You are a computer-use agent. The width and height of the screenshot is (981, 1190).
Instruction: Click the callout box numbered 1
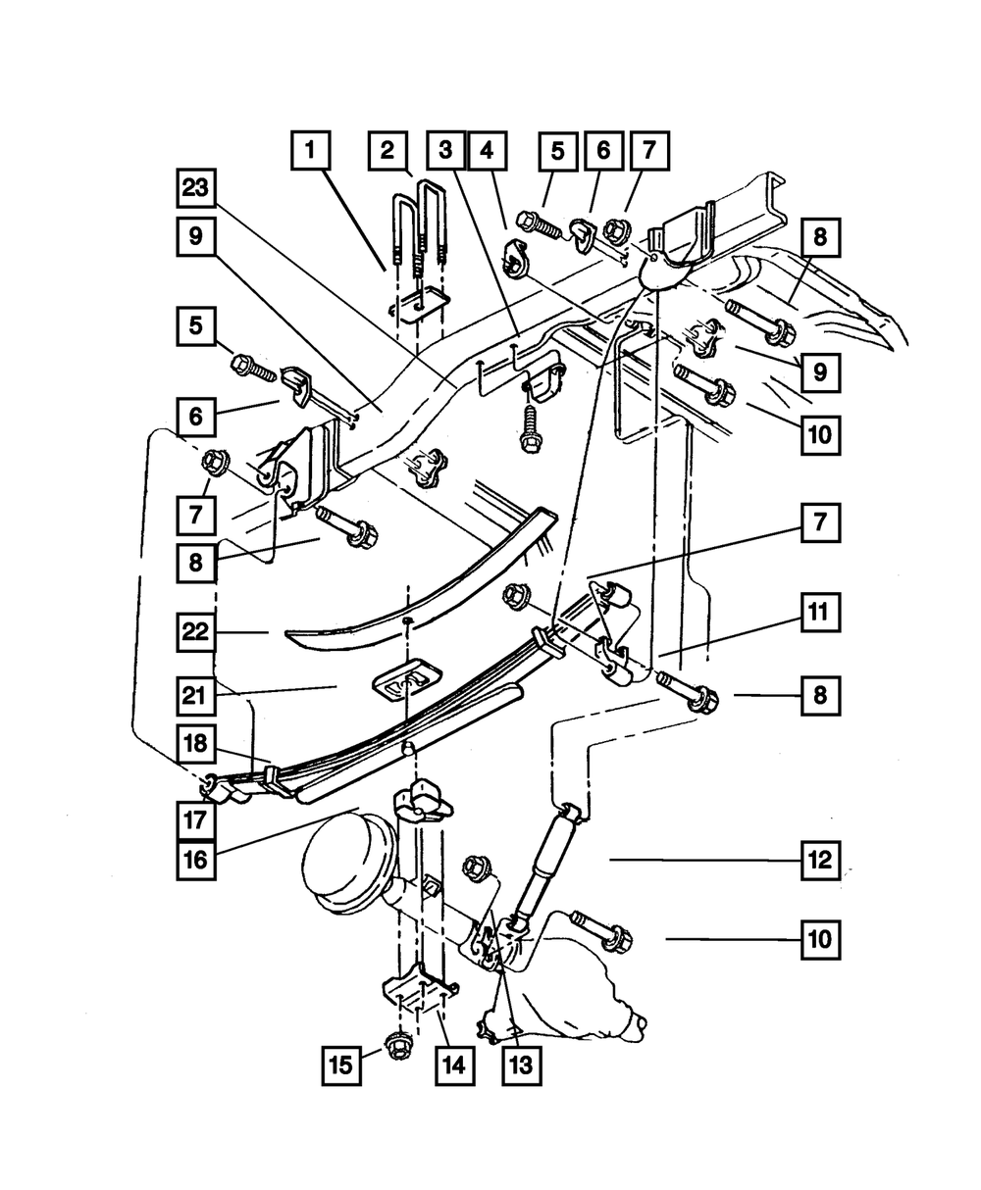[x=309, y=151]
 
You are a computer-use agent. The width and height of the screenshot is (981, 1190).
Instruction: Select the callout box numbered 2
[x=387, y=151]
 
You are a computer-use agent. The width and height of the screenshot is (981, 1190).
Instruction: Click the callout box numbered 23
[x=196, y=186]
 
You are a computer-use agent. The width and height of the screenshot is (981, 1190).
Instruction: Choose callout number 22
[x=196, y=633]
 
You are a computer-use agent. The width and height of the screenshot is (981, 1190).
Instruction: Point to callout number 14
[x=453, y=1064]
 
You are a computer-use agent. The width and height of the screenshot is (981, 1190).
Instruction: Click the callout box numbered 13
[x=520, y=1064]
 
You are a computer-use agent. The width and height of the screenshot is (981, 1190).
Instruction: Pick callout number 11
[x=820, y=616]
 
